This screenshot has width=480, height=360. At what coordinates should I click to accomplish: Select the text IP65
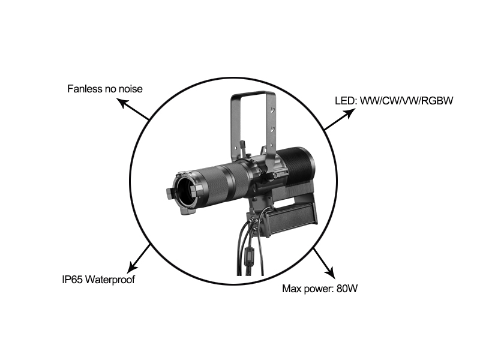click(72, 280)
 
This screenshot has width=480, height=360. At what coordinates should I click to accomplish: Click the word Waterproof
click(110, 280)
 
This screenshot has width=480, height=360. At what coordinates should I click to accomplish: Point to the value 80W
click(347, 289)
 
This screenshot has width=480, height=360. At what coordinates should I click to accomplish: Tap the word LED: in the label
click(346, 101)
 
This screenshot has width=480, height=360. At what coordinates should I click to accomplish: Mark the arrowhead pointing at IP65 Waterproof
click(132, 267)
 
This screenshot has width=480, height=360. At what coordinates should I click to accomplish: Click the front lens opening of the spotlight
click(185, 192)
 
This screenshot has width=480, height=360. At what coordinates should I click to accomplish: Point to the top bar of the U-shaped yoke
click(253, 93)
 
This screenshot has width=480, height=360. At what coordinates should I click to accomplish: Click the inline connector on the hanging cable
click(249, 253)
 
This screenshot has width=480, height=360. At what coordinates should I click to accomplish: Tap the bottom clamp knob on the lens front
click(188, 212)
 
